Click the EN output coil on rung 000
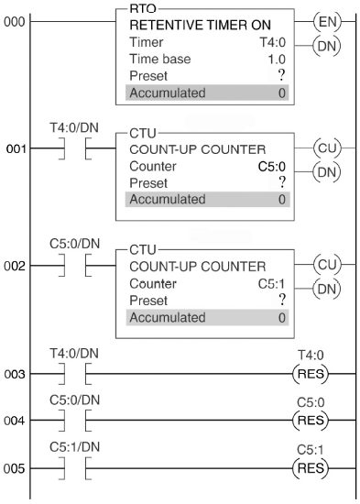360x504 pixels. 327,22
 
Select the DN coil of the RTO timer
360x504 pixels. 327,46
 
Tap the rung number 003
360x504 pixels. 15,374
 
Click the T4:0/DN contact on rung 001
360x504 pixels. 75,148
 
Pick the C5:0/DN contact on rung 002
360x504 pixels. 75,266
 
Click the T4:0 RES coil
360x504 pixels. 311,374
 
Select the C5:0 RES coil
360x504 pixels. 311,420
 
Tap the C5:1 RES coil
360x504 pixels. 311,468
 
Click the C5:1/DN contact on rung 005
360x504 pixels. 75,468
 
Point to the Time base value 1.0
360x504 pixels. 277,60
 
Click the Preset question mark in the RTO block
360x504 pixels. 281,75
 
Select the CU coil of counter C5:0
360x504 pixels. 327,148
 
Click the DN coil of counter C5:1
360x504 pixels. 327,289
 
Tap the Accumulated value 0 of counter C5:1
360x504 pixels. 282,318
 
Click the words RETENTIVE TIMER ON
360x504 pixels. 201,25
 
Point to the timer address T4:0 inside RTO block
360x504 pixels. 273,42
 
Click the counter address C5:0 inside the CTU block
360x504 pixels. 272,167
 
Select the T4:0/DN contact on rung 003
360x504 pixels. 75,374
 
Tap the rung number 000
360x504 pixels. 15,22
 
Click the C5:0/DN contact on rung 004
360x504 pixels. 75,420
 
